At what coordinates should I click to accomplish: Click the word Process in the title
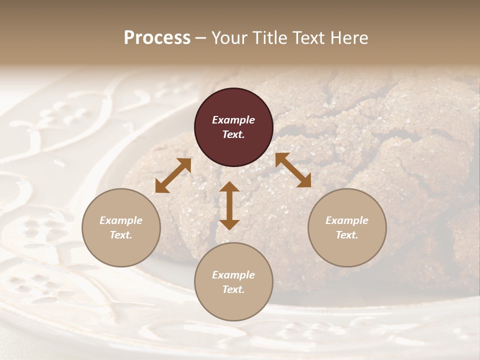[157, 38]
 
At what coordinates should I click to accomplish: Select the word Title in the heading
[269, 38]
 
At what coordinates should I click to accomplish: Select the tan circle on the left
[121, 227]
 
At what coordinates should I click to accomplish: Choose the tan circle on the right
[347, 227]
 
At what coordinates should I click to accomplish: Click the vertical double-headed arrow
[229, 205]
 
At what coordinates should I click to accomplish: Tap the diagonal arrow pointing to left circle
[173, 175]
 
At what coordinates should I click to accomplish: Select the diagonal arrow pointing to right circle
[293, 170]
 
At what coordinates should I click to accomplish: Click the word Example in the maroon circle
[233, 120]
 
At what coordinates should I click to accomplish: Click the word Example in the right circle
[347, 220]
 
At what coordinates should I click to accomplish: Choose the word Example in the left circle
[121, 220]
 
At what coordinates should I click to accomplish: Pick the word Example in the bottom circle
[233, 275]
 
